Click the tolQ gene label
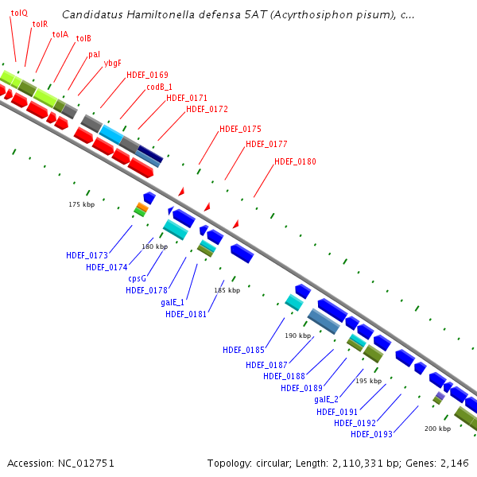[x=19, y=14]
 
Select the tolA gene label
[x=60, y=34]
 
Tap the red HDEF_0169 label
[x=147, y=75]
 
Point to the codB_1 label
[x=159, y=87]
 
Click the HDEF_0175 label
[x=240, y=129]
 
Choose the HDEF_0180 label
[x=295, y=162]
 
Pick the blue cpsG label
[x=137, y=278]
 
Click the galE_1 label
[x=173, y=302]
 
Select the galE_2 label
[x=326, y=399]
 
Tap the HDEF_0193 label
[x=371, y=434]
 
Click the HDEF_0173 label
[x=87, y=255]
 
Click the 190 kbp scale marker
[x=297, y=336]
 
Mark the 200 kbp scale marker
[x=437, y=429]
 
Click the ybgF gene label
[x=112, y=63]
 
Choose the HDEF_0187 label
[x=266, y=365]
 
